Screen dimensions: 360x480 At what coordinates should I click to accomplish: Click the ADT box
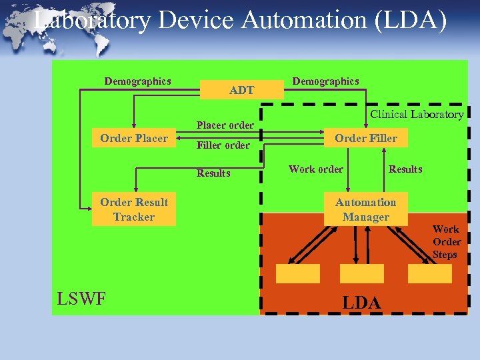[241, 90]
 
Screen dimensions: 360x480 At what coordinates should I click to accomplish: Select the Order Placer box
[134, 139]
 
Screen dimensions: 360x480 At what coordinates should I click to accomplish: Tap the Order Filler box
[366, 139]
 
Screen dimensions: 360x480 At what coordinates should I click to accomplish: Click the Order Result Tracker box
[134, 210]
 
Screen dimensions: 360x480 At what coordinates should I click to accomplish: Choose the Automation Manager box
[365, 210]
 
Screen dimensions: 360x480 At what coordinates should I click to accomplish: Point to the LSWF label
[81, 299]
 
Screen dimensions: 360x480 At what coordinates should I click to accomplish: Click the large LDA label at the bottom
[362, 303]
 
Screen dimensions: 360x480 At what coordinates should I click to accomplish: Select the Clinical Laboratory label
[417, 115]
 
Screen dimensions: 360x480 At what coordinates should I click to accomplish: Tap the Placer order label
[225, 125]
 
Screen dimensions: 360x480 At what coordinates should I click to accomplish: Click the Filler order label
[223, 145]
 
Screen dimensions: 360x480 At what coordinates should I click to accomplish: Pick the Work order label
[316, 169]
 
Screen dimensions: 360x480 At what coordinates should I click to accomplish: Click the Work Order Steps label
[446, 242]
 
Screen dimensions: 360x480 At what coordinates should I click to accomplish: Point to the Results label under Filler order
[213, 173]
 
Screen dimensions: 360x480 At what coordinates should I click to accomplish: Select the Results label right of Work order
[405, 169]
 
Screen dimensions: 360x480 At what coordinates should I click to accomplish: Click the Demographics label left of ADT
[137, 81]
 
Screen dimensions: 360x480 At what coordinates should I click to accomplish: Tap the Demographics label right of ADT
[325, 81]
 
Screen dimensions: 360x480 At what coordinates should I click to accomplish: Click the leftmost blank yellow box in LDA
[298, 273]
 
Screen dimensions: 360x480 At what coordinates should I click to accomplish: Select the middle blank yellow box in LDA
[361, 273]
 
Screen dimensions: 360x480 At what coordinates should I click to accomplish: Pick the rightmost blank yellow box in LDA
[429, 273]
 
